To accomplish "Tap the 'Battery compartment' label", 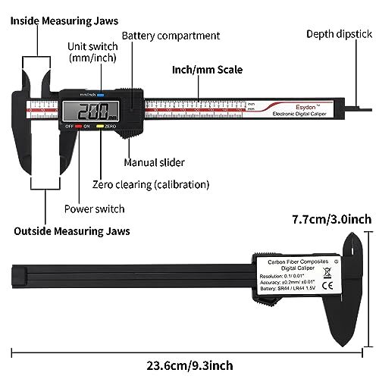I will pyautogui.click(x=171, y=36).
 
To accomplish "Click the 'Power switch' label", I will pyautogui.click(x=94, y=208).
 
